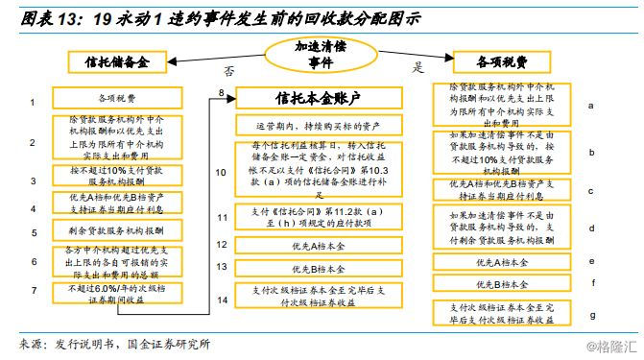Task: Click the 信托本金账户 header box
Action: point(302,98)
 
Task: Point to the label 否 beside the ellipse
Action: point(228,70)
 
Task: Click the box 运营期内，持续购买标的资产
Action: point(304,125)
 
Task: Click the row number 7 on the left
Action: point(32,289)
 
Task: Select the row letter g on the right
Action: point(591,314)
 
